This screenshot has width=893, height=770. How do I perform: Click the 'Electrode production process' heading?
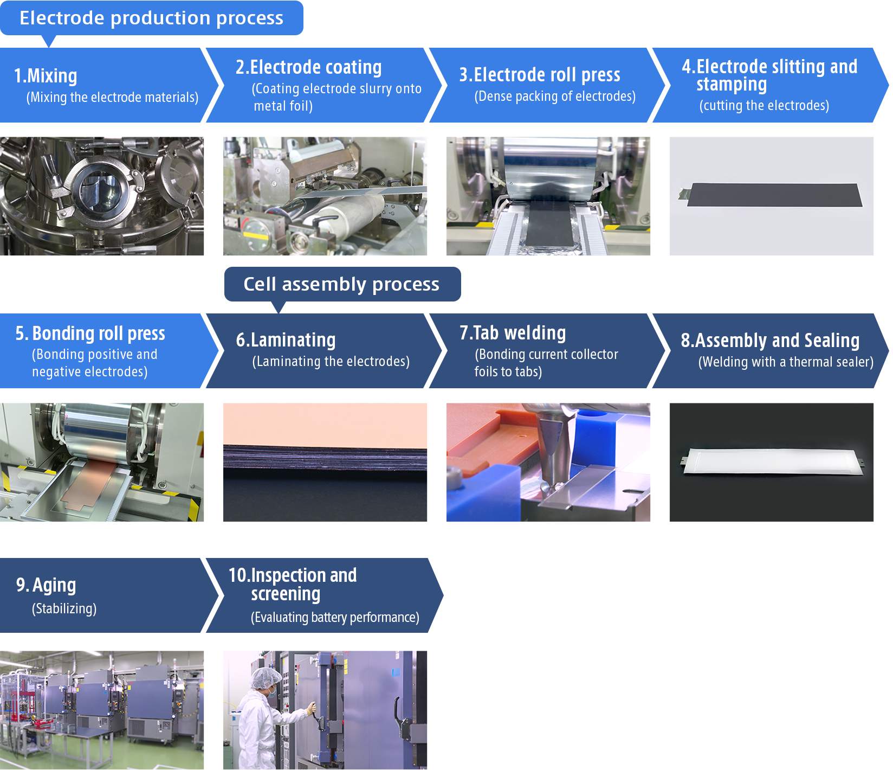tap(151, 18)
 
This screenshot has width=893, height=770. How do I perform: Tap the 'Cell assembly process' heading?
tap(341, 284)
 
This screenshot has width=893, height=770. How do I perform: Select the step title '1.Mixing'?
tap(46, 76)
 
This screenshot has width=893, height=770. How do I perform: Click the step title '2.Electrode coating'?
tap(308, 67)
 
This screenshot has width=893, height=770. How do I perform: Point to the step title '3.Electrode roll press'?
tap(540, 75)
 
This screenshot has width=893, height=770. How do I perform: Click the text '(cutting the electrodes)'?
tap(764, 105)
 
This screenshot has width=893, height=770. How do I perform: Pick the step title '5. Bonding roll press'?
tap(90, 333)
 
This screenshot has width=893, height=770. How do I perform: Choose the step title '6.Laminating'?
tap(286, 340)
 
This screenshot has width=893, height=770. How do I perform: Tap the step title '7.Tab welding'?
tap(513, 332)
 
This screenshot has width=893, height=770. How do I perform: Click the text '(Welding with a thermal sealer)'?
tap(786, 362)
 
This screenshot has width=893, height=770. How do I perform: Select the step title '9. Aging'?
tap(46, 585)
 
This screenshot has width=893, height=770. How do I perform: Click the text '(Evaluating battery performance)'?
tap(335, 617)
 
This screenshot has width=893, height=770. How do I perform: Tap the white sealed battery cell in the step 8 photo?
tap(772, 461)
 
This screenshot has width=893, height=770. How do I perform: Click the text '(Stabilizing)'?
tap(64, 608)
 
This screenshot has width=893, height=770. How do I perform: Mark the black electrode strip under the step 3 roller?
tap(547, 222)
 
